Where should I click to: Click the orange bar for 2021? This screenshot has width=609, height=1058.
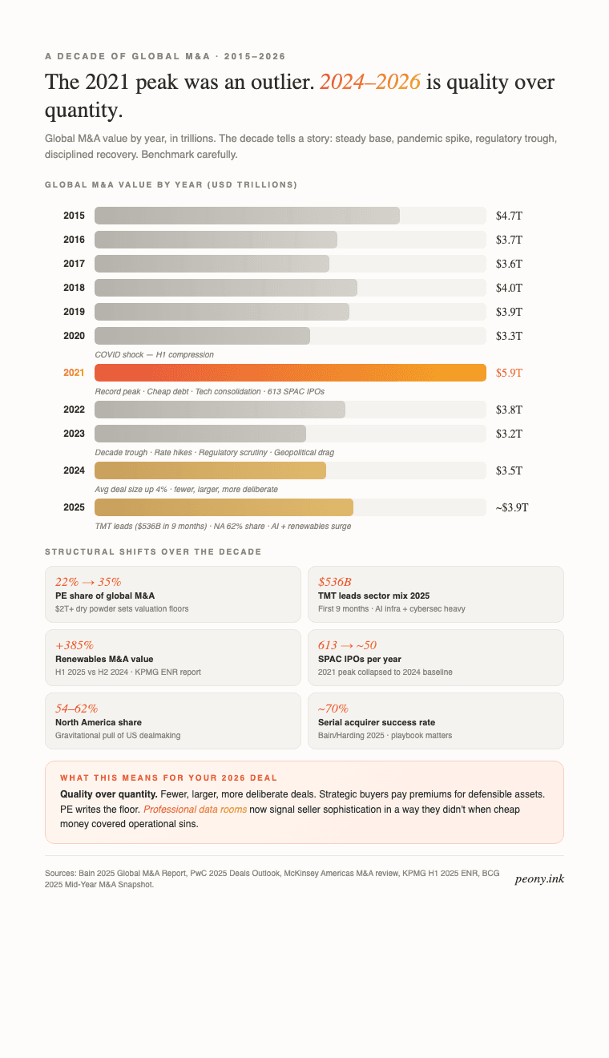click(x=290, y=373)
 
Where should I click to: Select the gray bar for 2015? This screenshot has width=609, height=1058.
click(x=247, y=216)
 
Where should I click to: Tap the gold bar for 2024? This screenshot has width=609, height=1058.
click(x=210, y=470)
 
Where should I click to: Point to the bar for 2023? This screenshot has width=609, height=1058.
click(x=200, y=434)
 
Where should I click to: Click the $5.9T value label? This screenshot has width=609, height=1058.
click(x=509, y=373)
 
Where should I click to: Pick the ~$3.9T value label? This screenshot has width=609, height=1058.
click(x=511, y=507)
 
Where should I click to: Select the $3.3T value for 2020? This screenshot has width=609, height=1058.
click(x=509, y=336)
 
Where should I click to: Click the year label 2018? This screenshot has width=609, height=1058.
click(x=74, y=288)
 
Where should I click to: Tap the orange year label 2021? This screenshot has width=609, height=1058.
click(x=74, y=373)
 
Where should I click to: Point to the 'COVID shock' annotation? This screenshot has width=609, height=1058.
click(x=154, y=354)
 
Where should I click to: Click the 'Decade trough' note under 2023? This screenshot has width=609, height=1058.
click(x=214, y=452)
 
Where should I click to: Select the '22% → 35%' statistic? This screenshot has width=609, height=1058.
click(x=88, y=582)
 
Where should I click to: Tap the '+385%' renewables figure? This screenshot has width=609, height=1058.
click(x=75, y=645)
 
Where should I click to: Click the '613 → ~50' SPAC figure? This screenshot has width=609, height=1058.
click(x=347, y=645)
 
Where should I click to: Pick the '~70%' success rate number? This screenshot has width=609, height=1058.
click(x=333, y=709)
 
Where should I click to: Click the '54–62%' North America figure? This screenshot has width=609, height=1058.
click(x=77, y=709)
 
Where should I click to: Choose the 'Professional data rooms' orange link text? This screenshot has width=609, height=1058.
click(x=195, y=810)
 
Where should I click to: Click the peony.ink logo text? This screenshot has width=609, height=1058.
click(x=539, y=878)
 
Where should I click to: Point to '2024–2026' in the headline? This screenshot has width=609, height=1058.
click(x=370, y=83)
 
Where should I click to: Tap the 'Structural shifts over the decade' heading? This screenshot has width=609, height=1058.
click(x=153, y=552)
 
